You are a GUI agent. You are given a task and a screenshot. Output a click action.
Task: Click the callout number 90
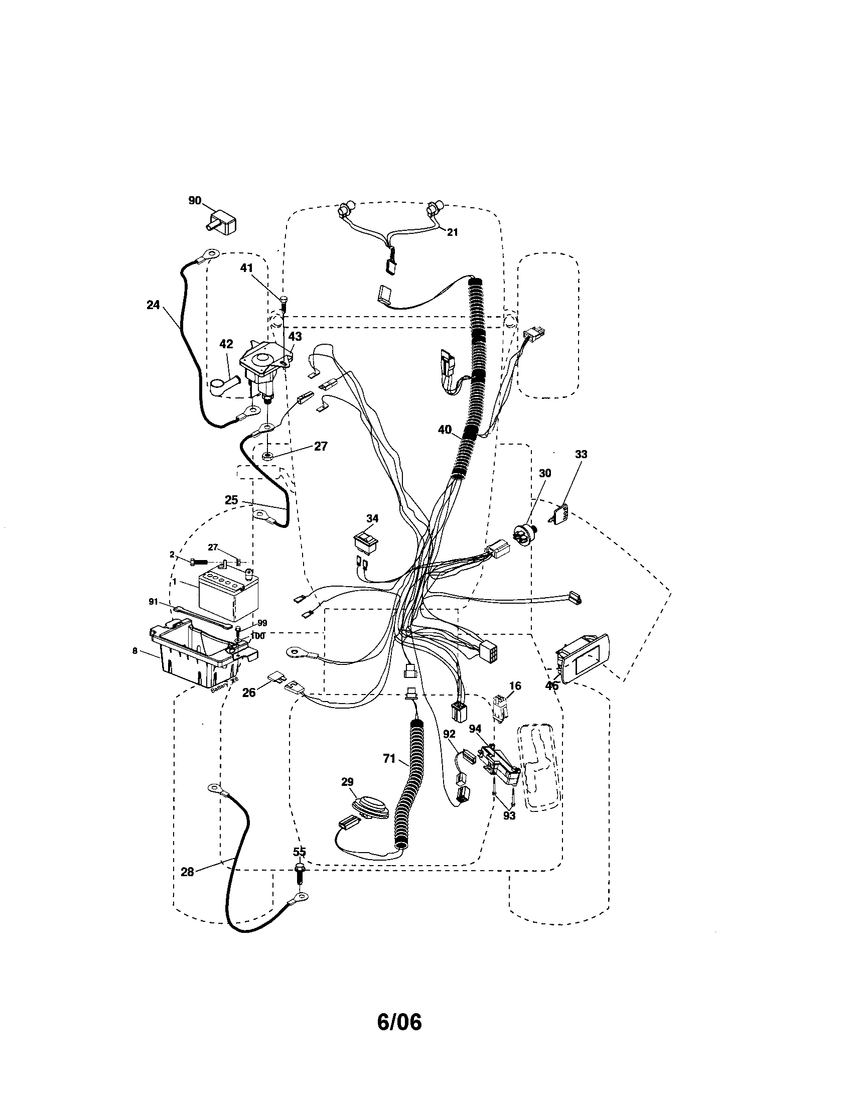pyautogui.click(x=195, y=201)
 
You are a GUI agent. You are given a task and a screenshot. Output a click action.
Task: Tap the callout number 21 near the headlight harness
pyautogui.click(x=452, y=232)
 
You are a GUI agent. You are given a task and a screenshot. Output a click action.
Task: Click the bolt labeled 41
pyautogui.click(x=283, y=303)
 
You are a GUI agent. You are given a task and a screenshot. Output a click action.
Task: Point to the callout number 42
pyautogui.click(x=226, y=344)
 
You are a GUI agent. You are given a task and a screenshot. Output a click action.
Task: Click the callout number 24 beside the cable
pyautogui.click(x=153, y=305)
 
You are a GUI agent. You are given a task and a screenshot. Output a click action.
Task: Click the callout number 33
pyautogui.click(x=581, y=455)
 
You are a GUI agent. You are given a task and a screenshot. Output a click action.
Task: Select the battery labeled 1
pyautogui.click(x=221, y=595)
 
